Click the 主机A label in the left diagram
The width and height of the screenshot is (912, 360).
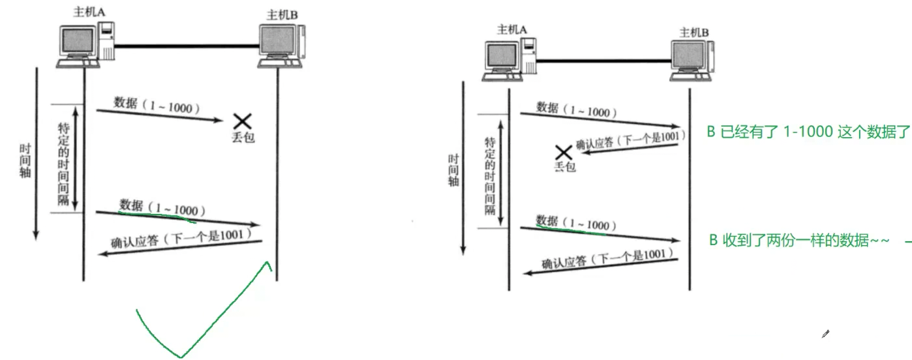tap(87, 13)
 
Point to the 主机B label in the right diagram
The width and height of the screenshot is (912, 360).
tap(694, 32)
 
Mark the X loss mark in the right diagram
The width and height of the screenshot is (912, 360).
tap(562, 153)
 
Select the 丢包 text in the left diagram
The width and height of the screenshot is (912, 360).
tap(243, 137)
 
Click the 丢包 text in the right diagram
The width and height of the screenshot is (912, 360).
tap(565, 167)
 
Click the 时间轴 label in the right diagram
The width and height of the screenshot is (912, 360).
tap(453, 170)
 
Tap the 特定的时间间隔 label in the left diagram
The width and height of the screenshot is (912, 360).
tap(63, 158)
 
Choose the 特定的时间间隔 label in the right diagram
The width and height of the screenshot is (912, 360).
tap(489, 175)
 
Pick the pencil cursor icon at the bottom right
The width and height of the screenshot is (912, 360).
tap(825, 335)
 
